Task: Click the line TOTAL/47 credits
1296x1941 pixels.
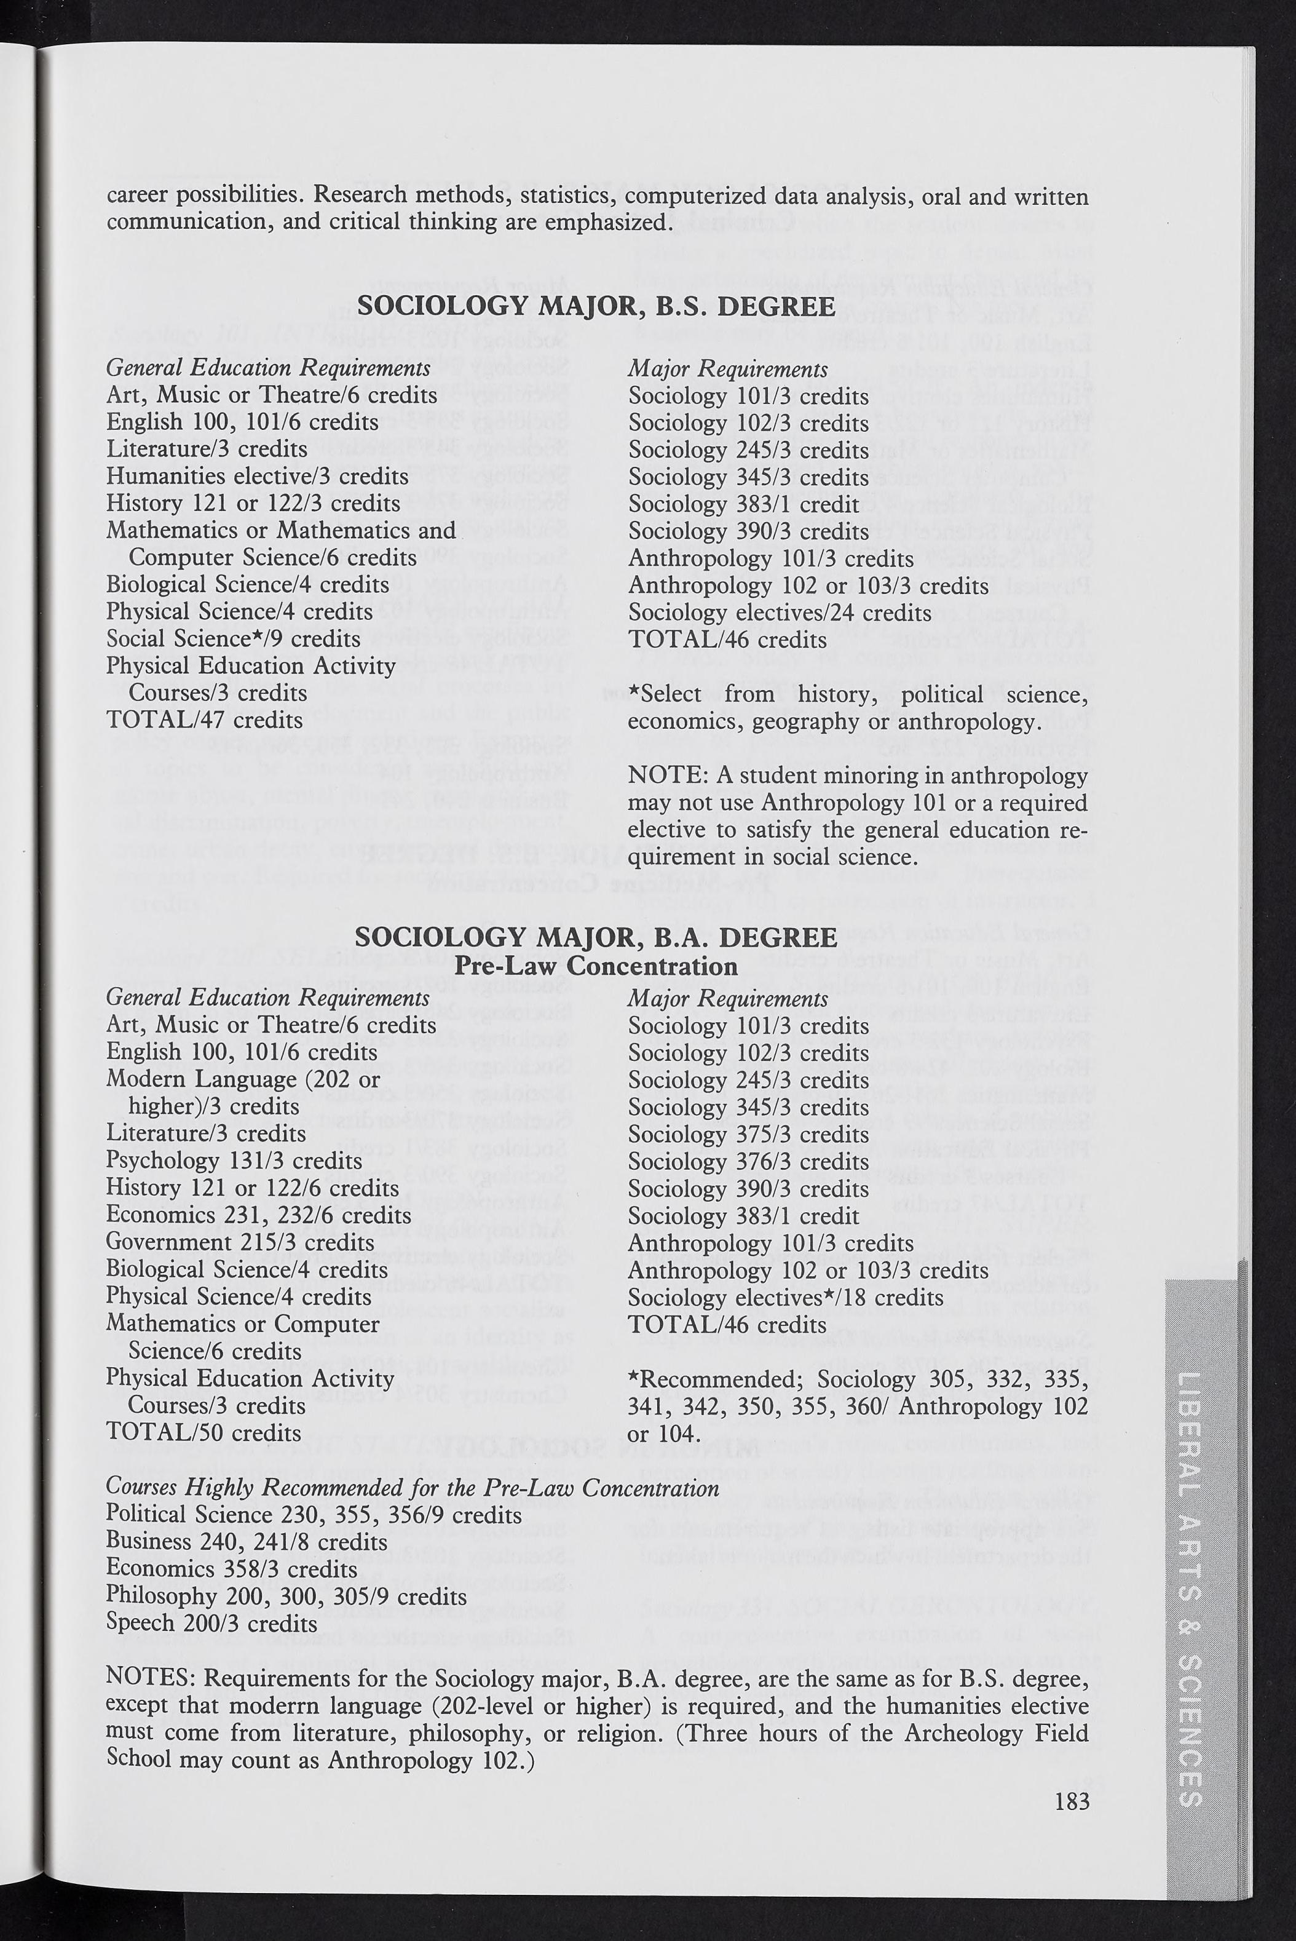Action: tap(204, 720)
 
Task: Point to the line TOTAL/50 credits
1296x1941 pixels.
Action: tap(203, 1432)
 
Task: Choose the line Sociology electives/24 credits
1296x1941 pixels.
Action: tap(780, 613)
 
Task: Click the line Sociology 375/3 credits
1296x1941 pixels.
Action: tap(748, 1134)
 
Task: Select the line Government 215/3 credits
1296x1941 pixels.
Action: tap(240, 1242)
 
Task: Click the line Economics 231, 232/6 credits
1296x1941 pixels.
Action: tap(259, 1215)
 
